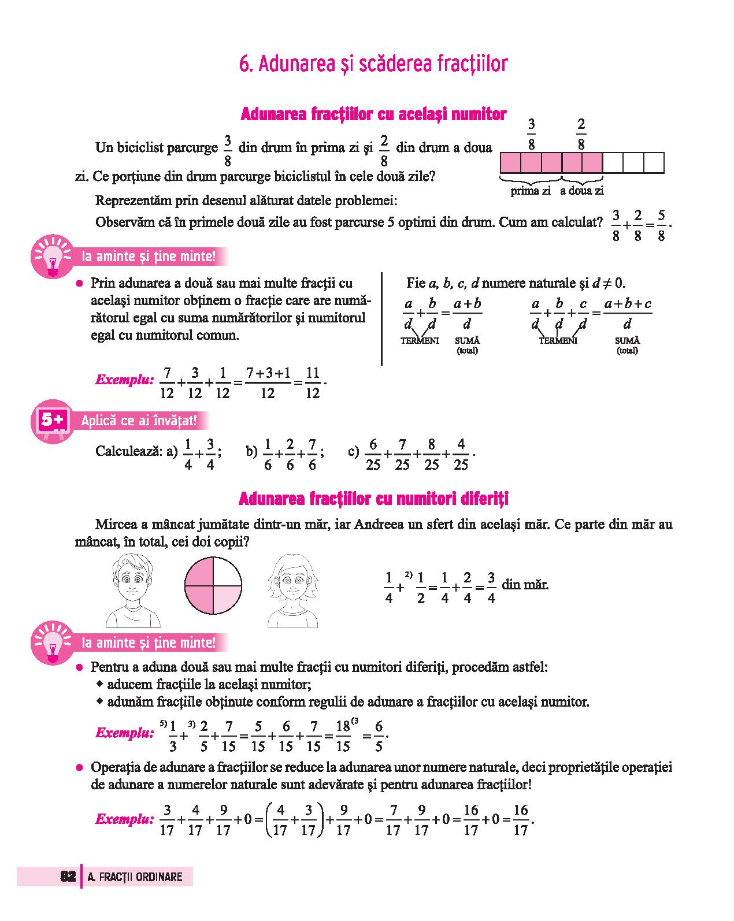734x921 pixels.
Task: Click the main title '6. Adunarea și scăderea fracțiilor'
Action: pos(373,64)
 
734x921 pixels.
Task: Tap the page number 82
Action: pos(68,877)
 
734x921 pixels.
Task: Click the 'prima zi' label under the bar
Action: pos(530,191)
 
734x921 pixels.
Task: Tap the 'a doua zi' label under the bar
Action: pos(581,191)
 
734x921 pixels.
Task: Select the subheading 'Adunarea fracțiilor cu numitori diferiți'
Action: pos(373,498)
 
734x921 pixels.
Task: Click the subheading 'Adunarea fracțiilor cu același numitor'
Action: pos(373,114)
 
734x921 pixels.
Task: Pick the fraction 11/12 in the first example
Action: pos(312,383)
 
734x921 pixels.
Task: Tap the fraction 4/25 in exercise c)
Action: pos(461,454)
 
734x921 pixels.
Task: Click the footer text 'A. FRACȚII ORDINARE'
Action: pos(135,877)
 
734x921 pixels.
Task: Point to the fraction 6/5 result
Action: pos(379,736)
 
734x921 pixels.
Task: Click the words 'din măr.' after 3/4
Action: pos(525,584)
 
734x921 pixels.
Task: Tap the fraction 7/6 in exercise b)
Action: pos(312,454)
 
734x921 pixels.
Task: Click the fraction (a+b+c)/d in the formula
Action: pos(628,314)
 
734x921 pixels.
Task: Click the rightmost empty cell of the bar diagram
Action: pos(654,163)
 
